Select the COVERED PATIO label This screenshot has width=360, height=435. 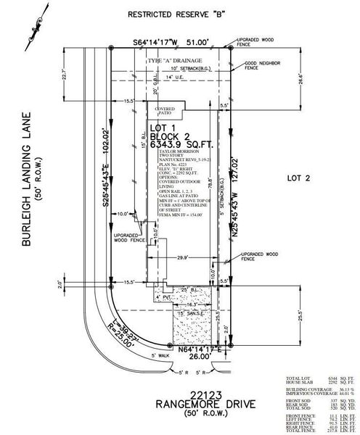pyautogui.click(x=167, y=109)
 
